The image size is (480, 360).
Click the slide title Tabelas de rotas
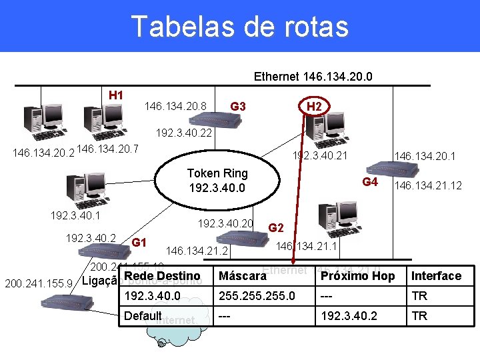pos(240,27)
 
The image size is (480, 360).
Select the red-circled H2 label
pos(314,107)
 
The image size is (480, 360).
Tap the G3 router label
pos(238,107)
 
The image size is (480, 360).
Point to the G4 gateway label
pos(370,182)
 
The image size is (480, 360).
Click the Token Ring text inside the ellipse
pos(217,173)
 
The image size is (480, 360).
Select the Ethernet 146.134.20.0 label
pos(313,77)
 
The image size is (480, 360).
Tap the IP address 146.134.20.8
pos(175,105)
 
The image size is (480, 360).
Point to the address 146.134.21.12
pos(428,185)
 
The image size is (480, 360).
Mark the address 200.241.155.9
pos(39,283)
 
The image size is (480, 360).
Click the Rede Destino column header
pos(162,276)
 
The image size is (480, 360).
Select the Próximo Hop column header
pos(358,276)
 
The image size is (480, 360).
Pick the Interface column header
pos(436,276)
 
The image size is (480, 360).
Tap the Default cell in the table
pos(143,316)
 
